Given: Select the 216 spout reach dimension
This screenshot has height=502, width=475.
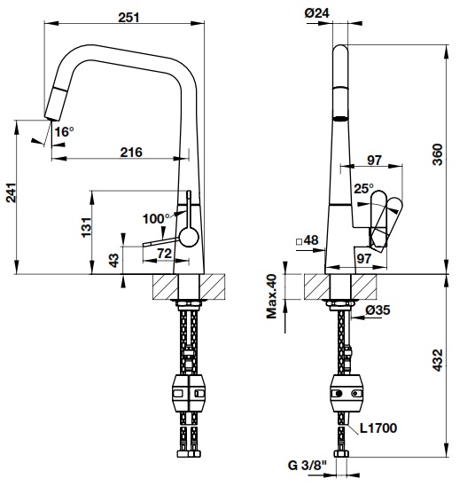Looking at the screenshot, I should pyautogui.click(x=131, y=152).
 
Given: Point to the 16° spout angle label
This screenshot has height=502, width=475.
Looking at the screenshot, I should pyautogui.click(x=64, y=132).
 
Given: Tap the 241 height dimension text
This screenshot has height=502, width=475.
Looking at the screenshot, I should pyautogui.click(x=11, y=199).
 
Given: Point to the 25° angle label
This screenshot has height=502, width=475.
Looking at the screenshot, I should pyautogui.click(x=363, y=189).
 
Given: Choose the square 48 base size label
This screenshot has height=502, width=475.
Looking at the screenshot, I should pyautogui.click(x=307, y=240).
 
